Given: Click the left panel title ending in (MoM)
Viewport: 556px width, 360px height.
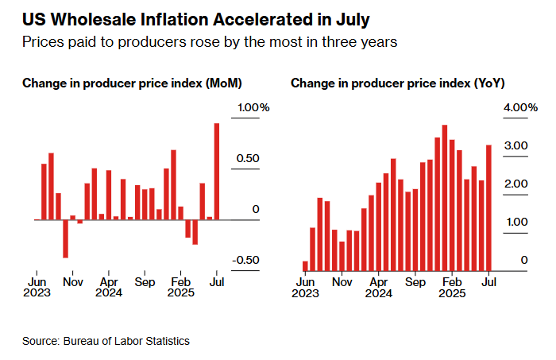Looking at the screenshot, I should (132, 83).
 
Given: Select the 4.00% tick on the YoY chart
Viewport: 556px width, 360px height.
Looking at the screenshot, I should (522, 108).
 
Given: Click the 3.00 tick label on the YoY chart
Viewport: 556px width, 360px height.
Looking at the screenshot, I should (519, 146).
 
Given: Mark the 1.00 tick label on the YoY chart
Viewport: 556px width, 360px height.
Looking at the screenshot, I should (519, 222).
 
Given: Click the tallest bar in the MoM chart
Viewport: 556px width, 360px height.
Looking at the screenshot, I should (217, 171).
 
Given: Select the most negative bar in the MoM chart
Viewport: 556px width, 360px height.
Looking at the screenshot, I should (65, 238).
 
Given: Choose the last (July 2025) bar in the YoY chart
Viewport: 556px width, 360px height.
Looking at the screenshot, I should (489, 207).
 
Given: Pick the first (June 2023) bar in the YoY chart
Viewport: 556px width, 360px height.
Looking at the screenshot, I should (305, 265).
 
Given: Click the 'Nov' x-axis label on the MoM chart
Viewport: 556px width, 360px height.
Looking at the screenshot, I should (72, 281).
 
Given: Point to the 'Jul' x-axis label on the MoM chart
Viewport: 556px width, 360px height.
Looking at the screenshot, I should (215, 281).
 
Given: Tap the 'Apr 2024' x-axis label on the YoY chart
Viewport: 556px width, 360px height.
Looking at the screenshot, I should (379, 287).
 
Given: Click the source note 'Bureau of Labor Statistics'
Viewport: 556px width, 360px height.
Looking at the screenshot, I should (106, 341).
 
